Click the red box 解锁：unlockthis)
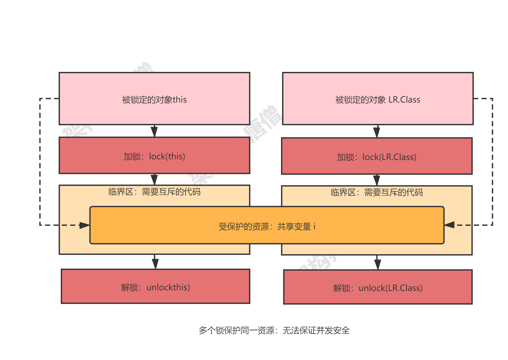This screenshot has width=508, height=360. click(x=155, y=286)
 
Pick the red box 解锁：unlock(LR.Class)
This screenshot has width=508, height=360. click(x=378, y=287)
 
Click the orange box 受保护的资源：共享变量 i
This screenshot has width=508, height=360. click(x=267, y=226)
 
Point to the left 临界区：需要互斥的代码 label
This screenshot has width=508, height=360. click(x=154, y=192)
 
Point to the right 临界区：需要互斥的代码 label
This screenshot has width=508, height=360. click(x=377, y=193)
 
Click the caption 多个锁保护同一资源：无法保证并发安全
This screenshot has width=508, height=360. click(x=274, y=330)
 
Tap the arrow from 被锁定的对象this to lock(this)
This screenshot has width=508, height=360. click(x=154, y=131)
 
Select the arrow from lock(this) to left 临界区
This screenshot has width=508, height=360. click(x=154, y=179)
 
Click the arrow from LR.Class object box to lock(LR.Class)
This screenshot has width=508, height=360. click(x=376, y=131)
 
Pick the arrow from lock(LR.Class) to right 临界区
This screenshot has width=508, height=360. click(x=376, y=180)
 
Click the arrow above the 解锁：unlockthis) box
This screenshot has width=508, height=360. click(x=155, y=262)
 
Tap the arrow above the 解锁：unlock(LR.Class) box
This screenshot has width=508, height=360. click(x=377, y=263)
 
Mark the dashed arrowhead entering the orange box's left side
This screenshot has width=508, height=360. click(x=85, y=225)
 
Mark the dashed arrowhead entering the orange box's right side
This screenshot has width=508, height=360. click(x=449, y=225)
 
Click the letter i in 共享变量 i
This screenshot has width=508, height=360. click(x=314, y=226)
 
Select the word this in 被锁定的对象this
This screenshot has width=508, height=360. click(x=180, y=100)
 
